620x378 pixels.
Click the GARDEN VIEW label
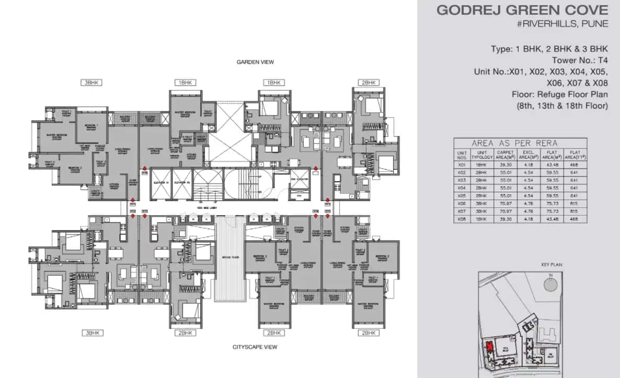(255, 62)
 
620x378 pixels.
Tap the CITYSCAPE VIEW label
(255, 347)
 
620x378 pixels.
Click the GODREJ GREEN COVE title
(522, 10)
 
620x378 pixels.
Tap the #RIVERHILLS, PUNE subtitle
(562, 25)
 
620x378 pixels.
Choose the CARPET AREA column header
(505, 155)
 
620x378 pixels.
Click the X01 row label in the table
(462, 165)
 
